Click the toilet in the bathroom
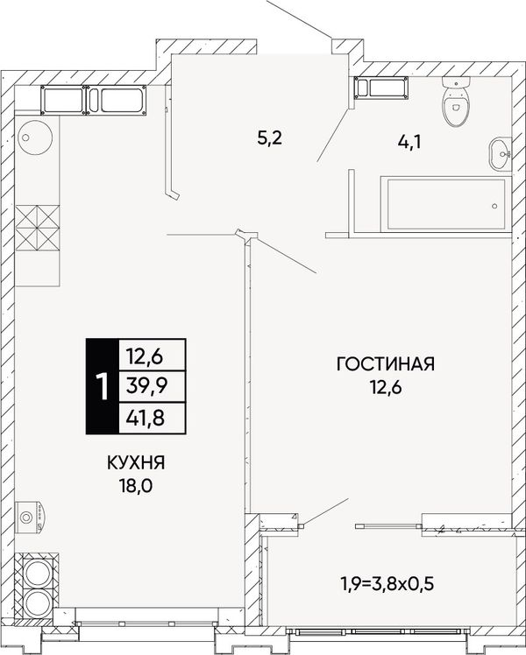[x=456, y=102]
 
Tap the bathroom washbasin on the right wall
[x=500, y=154]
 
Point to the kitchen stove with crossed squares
[x=38, y=228]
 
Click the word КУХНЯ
[x=136, y=463]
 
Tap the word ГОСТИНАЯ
[x=386, y=364]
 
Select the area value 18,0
[x=136, y=486]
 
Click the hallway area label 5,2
[x=270, y=137]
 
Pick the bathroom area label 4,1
[x=409, y=143]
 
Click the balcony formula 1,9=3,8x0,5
[x=387, y=583]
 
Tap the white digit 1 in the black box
[x=102, y=387]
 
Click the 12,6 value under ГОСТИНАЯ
[x=386, y=388]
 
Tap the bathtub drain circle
[x=495, y=206]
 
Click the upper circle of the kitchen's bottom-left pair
[x=37, y=573]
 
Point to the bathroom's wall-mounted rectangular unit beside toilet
[x=381, y=88]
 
